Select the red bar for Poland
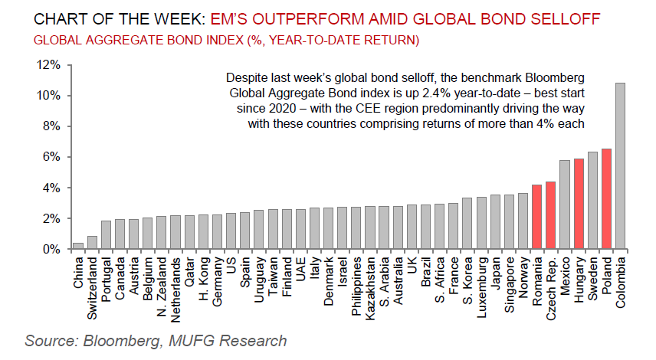[606, 199]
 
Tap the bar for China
[77, 246]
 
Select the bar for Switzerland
[92, 243]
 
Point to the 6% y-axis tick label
[51, 157]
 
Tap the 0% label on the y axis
[51, 249]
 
